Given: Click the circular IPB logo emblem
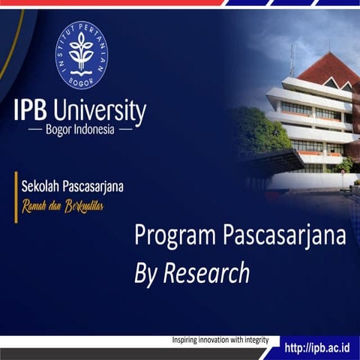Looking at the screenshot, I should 81,55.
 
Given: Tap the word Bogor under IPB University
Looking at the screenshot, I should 62,129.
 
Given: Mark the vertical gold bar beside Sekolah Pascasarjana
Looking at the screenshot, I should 16,196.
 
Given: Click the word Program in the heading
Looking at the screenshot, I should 175,237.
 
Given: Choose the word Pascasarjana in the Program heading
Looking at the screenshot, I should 285,235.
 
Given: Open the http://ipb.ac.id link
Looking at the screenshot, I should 318,347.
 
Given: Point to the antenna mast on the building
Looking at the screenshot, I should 292,60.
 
